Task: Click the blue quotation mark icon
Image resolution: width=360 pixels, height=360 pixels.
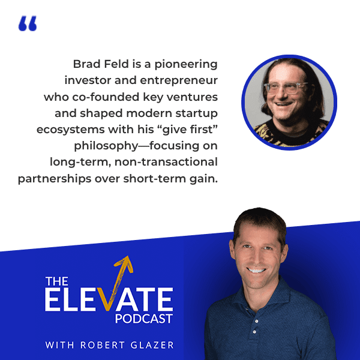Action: [x=28, y=24]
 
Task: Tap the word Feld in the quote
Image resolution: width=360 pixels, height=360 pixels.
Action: [x=116, y=64]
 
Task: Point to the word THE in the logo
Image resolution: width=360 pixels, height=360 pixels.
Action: [x=58, y=281]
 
